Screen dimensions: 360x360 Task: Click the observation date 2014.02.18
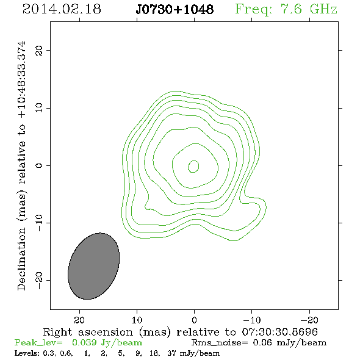pos(62,9)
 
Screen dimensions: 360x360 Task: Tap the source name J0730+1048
pos(175,9)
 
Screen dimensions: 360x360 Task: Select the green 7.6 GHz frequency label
pos(286,10)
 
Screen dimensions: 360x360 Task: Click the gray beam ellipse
pos(94,266)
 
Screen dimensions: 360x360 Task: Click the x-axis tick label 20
pos(79,320)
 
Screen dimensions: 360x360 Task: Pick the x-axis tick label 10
pos(137,320)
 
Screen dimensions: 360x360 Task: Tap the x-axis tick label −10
pos(252,320)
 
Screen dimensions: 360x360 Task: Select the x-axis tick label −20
pos(309,320)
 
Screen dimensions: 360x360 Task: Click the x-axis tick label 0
pos(194,320)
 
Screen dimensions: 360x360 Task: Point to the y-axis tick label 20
pos(39,51)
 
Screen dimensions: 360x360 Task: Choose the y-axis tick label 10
pos(39,107)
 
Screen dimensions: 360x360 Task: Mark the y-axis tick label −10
pos(39,223)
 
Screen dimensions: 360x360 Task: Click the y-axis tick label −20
pos(39,281)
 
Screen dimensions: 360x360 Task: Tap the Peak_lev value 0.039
pos(84,342)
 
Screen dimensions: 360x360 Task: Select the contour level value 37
pos(171,353)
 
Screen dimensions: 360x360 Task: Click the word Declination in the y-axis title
pos(21,259)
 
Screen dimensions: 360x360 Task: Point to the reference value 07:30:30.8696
pos(280,332)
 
